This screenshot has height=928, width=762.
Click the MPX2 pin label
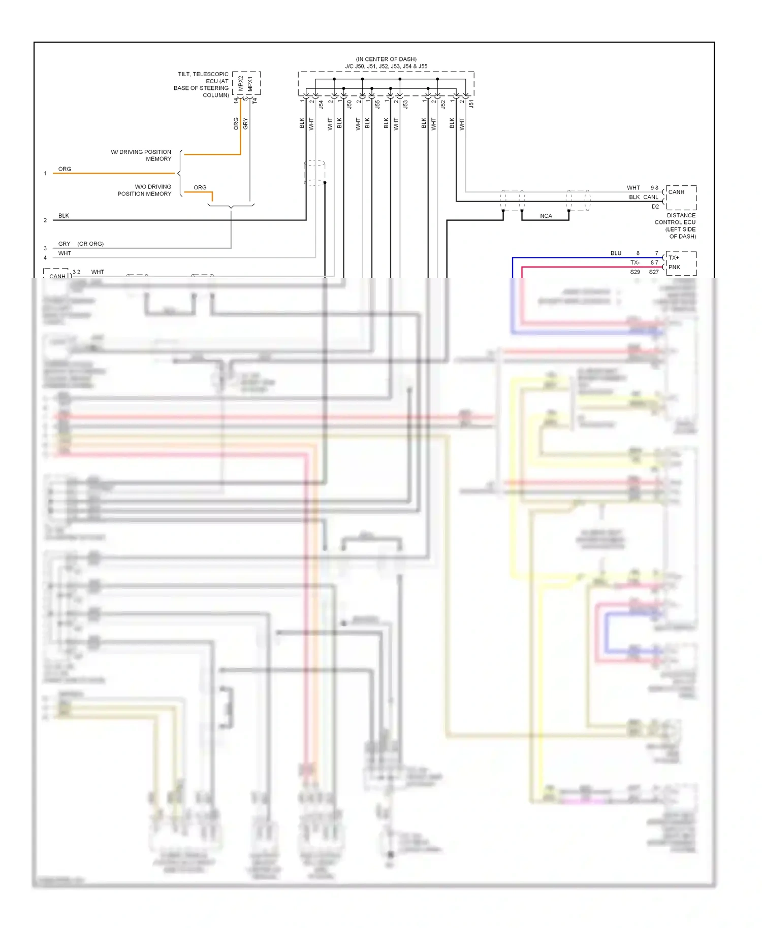241,83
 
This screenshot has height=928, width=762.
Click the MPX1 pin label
250,84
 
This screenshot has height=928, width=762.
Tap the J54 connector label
321,104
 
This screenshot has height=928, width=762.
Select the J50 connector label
350,104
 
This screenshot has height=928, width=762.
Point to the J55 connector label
377,104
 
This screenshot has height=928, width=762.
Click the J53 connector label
405,104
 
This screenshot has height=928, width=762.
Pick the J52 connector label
443,104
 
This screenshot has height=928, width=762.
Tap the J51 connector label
471,104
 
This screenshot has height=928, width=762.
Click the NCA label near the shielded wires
546,216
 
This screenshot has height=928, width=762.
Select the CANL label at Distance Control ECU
651,197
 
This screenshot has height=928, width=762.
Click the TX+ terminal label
674,258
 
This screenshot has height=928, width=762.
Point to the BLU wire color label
616,253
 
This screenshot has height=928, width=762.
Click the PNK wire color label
674,267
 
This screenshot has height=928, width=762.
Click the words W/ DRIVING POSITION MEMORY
141,155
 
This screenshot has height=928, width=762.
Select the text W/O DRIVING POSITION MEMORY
145,190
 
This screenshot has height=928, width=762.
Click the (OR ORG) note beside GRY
90,244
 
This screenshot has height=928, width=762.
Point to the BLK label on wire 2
63,216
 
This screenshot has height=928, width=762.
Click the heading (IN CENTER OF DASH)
386,59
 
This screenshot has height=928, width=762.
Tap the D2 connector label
655,207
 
